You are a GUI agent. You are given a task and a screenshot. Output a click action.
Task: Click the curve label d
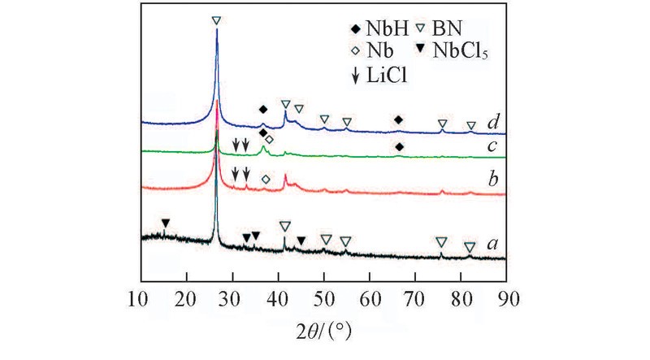(493, 124)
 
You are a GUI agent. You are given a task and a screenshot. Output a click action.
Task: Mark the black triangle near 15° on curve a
(166, 223)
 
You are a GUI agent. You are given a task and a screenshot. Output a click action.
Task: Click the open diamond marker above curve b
(266, 178)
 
